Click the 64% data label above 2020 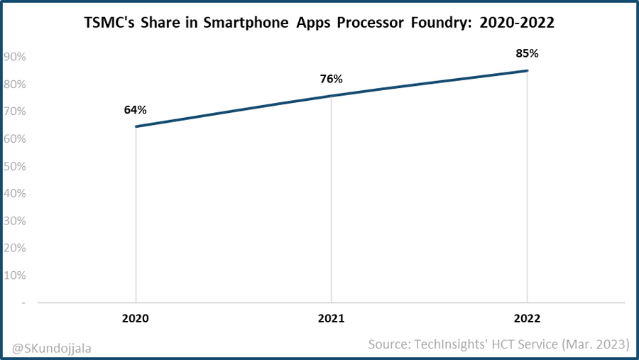point(136,110)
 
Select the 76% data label point(332,79)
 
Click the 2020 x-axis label point(136,320)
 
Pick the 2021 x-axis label point(332,320)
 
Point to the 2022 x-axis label point(527,320)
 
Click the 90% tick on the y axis point(15,57)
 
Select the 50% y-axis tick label point(15,166)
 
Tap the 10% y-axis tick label point(15,276)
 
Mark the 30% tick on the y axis point(15,221)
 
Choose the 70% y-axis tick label point(15,111)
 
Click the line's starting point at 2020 point(136,126)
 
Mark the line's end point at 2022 point(527,70)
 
